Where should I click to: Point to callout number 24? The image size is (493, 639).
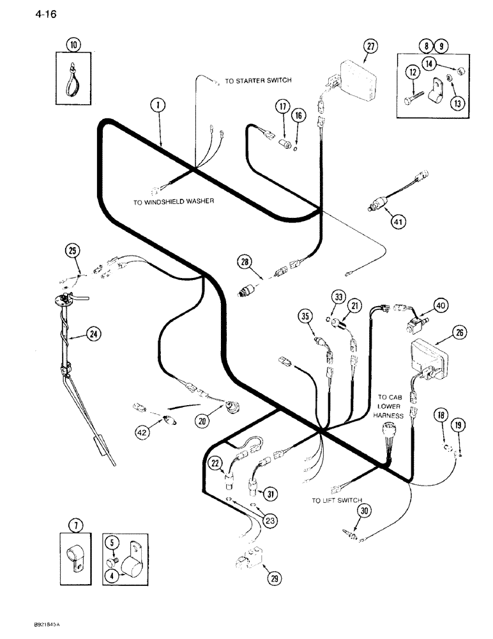click(93, 333)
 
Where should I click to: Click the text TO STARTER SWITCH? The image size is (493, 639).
click(258, 81)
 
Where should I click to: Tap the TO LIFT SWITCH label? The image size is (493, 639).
click(337, 500)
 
